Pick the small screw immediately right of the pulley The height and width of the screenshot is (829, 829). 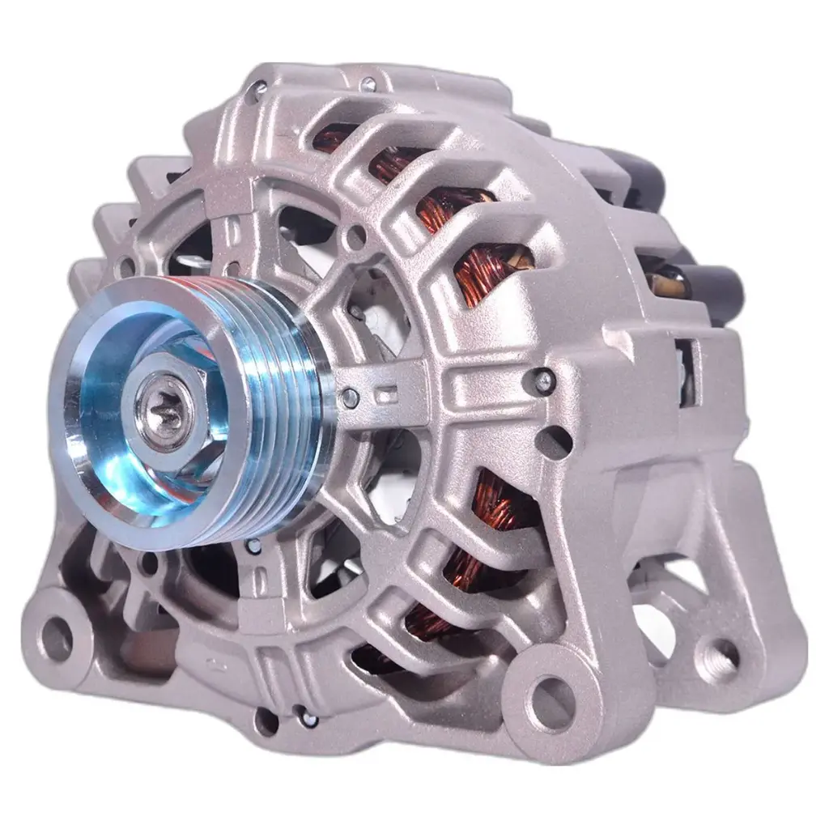350,397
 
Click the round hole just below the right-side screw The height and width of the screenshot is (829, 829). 553,442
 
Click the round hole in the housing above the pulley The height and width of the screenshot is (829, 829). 355,238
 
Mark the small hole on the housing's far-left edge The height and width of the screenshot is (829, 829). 125,263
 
